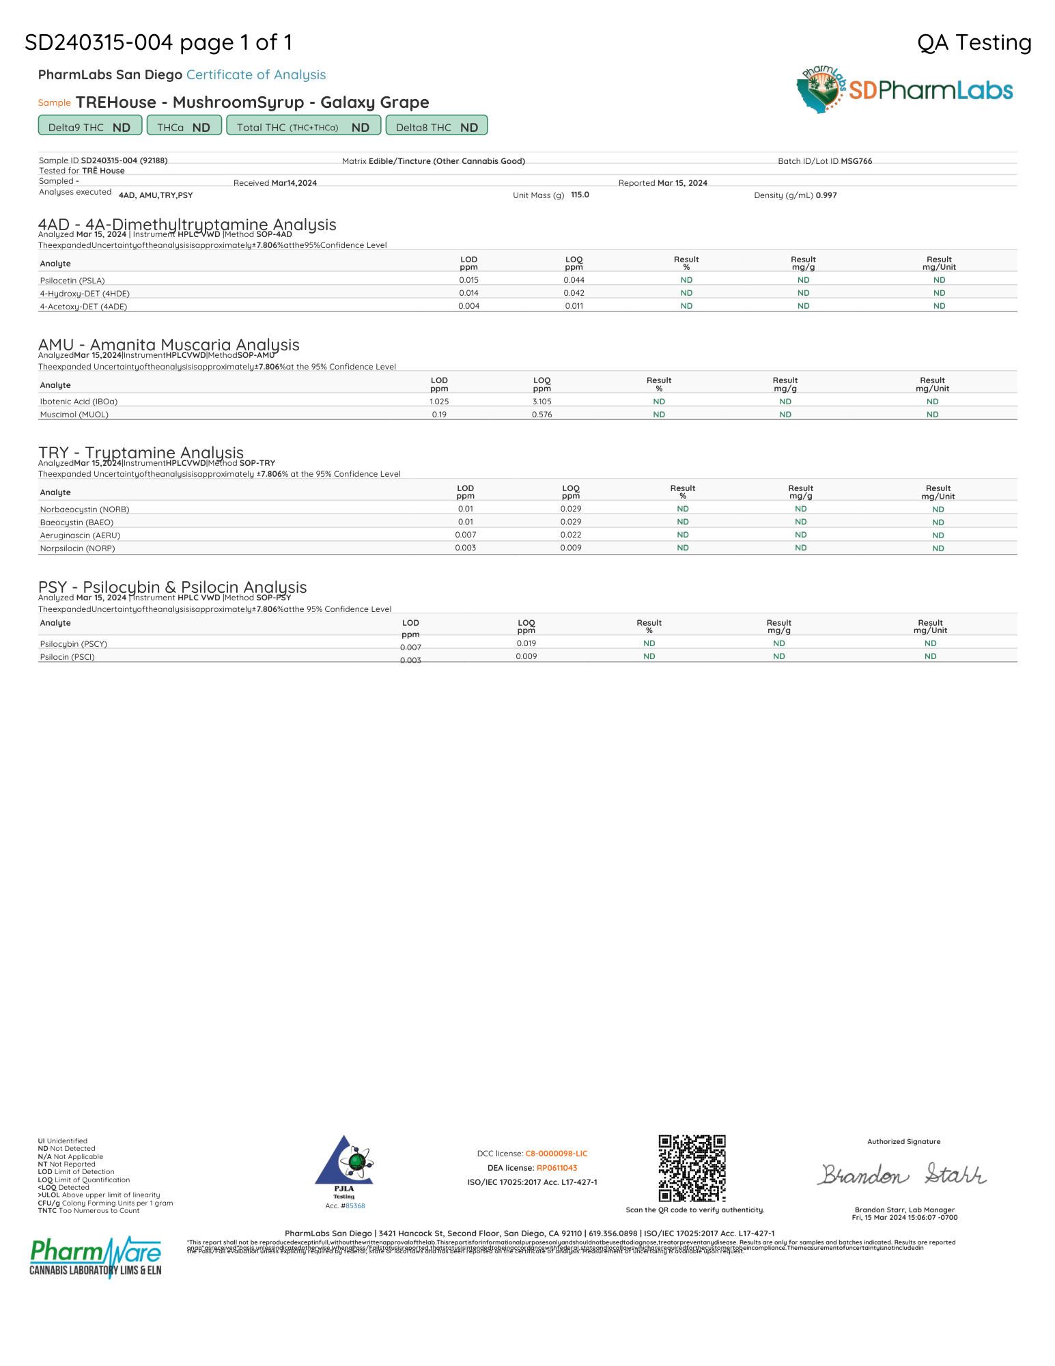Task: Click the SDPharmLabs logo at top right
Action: coord(905,89)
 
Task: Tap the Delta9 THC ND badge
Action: coord(89,126)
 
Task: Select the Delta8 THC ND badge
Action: coord(436,126)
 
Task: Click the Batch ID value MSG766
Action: coord(856,161)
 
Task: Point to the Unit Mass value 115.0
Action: coord(580,195)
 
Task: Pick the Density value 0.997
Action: coord(826,195)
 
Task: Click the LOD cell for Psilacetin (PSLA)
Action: coord(468,280)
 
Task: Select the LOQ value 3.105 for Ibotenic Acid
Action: coord(541,402)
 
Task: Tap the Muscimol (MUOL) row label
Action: coord(74,415)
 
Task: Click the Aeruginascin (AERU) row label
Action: coord(80,535)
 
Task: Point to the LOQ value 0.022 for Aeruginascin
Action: coord(570,535)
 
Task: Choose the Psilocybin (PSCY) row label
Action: coord(73,644)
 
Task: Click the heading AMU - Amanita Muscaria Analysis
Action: coord(169,345)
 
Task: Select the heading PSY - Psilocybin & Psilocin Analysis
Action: coord(172,587)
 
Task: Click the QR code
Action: coord(692,1168)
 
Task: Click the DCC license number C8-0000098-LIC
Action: coord(556,1154)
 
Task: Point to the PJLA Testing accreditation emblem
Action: coord(344,1165)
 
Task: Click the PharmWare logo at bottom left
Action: coord(96,1257)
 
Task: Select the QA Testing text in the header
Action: coord(974,42)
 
